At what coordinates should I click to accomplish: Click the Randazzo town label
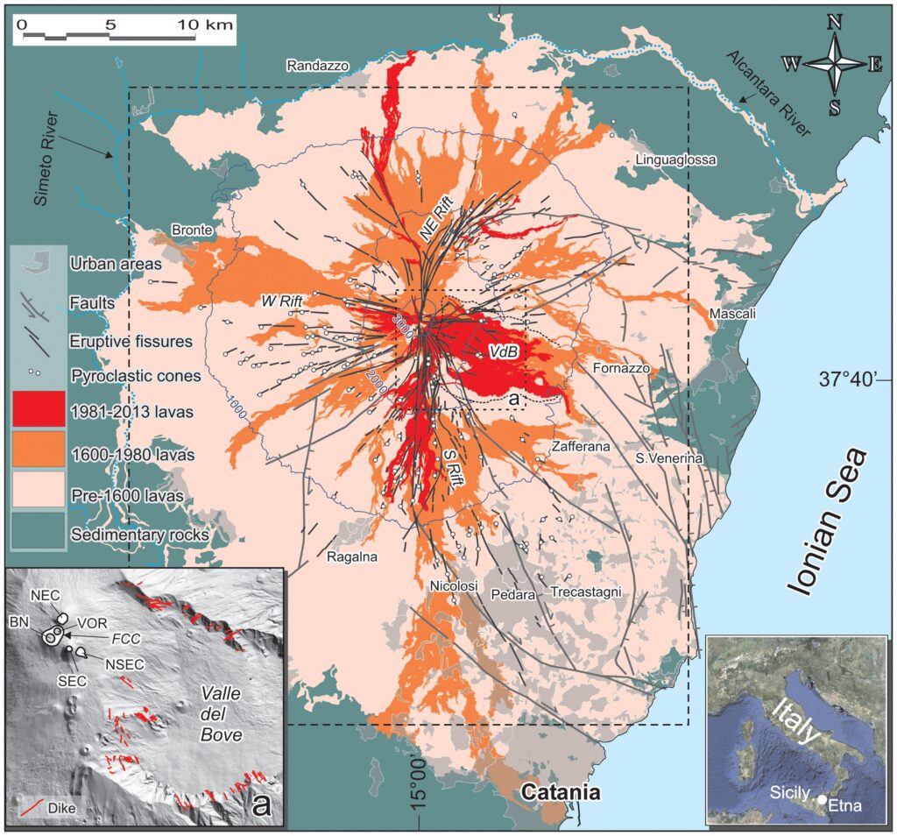pyautogui.click(x=317, y=66)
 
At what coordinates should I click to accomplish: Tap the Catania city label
pyautogui.click(x=561, y=794)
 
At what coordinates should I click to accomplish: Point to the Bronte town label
pyautogui.click(x=192, y=230)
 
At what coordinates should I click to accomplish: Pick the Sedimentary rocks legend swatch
pyautogui.click(x=38, y=532)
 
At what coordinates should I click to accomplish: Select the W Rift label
pyautogui.click(x=282, y=302)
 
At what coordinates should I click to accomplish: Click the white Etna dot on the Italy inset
pyautogui.click(x=822, y=799)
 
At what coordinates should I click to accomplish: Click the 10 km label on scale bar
pyautogui.click(x=208, y=25)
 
